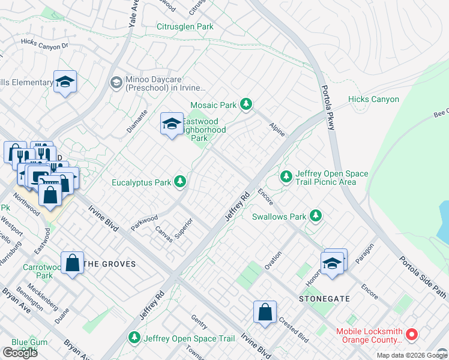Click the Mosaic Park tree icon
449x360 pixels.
coord(246,105)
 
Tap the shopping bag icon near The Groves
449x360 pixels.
coord(72,263)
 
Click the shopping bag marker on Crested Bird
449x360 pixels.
coord(265,312)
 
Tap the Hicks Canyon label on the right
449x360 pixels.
coord(373,99)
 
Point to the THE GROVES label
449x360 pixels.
coord(109,264)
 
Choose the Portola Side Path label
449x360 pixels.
coord(423,275)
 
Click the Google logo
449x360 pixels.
coord(20,353)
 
